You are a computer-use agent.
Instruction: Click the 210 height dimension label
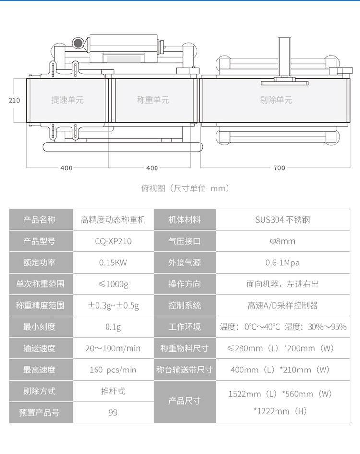tap(14, 100)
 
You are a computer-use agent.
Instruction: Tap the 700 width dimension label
tap(279, 168)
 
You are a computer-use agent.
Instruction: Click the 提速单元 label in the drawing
tap(67, 100)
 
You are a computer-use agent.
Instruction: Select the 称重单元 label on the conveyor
tap(153, 100)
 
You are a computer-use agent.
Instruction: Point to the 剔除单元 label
tap(276, 100)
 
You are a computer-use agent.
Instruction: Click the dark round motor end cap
tap(78, 43)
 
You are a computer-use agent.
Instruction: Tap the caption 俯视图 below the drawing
tap(153, 188)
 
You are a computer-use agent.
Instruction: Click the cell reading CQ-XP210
tap(113, 241)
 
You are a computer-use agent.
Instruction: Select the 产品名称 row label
tap(39, 220)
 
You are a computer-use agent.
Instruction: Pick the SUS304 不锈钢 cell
tap(282, 220)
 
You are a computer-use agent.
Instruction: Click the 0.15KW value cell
tap(113, 263)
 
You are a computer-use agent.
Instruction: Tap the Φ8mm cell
tap(282, 241)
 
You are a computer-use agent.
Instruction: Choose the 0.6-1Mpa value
tap(282, 263)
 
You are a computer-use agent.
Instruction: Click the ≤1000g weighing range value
tap(113, 284)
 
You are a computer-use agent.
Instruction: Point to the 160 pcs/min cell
tap(113, 370)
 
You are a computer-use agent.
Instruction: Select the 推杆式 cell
tap(113, 391)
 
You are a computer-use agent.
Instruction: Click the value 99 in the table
tap(113, 413)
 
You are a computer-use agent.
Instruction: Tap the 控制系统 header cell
tap(184, 305)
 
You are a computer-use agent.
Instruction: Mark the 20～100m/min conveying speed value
tap(113, 348)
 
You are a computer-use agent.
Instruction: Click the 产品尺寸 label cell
tap(184, 401)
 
